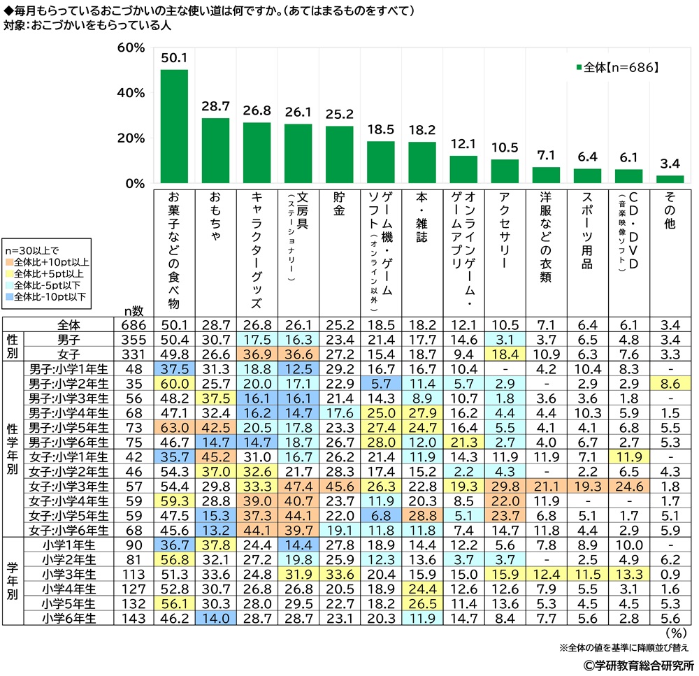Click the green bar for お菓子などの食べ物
(x=174, y=127)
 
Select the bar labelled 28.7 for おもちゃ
(x=215, y=151)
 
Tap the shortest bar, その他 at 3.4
(x=670, y=180)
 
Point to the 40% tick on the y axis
(x=131, y=93)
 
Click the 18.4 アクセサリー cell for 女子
(x=505, y=352)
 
